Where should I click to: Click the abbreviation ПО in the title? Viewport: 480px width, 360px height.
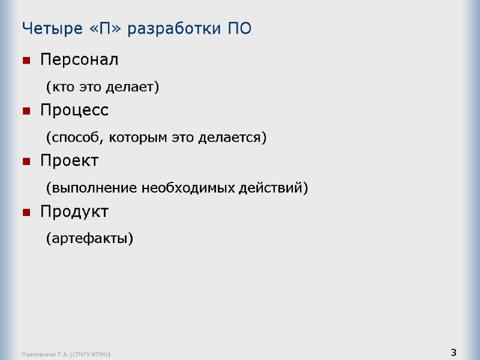point(240,28)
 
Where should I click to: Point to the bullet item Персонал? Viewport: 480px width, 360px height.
point(79,60)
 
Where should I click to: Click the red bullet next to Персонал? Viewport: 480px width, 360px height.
point(26,61)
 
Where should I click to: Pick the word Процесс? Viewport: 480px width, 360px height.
point(74,110)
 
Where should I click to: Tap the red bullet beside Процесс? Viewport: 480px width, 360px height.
point(26,111)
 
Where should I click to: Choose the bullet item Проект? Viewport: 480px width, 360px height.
point(69,161)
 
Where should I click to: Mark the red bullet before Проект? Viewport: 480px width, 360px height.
point(26,161)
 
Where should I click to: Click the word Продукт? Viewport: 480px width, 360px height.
point(74,211)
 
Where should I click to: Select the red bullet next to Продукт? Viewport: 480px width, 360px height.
point(26,212)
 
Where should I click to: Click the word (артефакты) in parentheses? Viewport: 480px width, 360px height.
point(89,239)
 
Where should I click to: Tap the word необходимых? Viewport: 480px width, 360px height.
point(180,188)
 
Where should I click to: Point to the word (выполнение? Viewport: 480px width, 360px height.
point(91,188)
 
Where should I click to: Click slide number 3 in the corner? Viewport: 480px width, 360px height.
point(454,352)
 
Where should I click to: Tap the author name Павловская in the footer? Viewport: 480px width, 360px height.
point(37,355)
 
